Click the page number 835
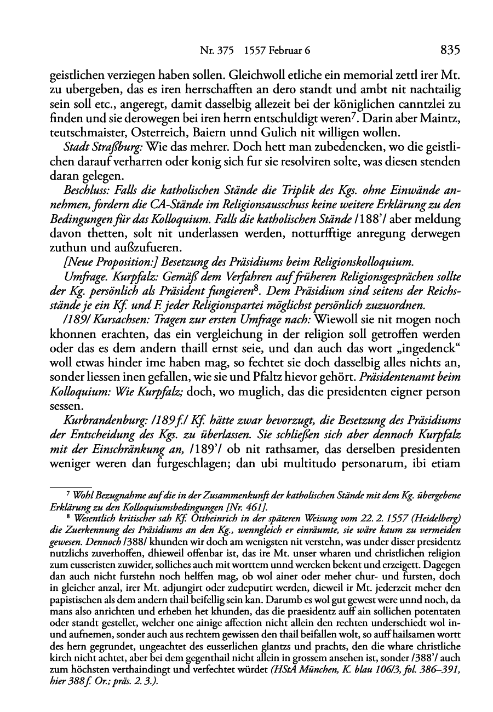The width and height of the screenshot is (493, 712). [x=449, y=50]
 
